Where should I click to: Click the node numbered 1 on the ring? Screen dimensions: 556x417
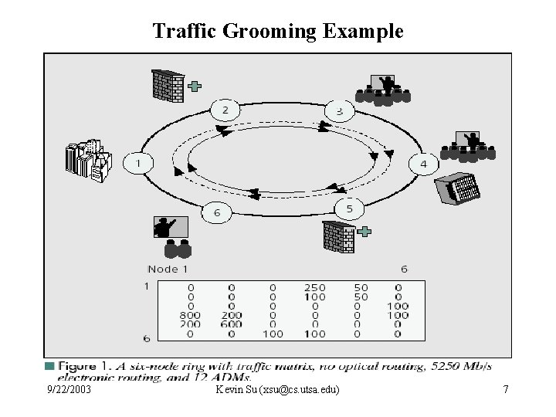click(x=139, y=164)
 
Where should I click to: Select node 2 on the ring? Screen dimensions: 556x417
click(x=225, y=110)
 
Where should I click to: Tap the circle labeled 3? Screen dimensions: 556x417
click(x=339, y=112)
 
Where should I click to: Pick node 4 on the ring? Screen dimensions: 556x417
click(x=423, y=164)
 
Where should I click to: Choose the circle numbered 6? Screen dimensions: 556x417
click(x=216, y=212)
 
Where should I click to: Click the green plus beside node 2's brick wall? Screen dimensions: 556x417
click(x=195, y=86)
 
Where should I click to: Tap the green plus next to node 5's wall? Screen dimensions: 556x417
click(x=365, y=231)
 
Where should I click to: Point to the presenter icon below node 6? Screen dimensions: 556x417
click(x=171, y=236)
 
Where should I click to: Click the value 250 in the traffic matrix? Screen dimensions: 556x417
click(x=314, y=287)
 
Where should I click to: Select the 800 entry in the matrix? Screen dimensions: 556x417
click(x=190, y=315)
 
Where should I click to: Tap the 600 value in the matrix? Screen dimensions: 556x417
click(x=232, y=324)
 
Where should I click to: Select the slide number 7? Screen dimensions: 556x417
click(x=505, y=390)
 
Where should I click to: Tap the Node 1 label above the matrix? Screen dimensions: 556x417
click(x=168, y=269)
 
